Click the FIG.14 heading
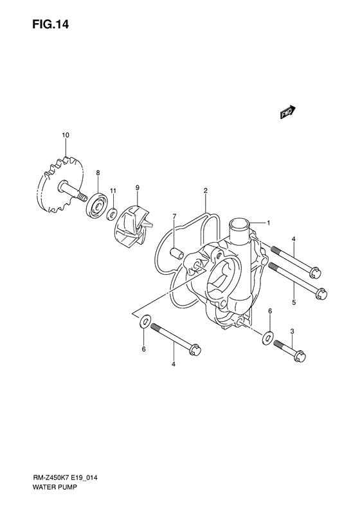(x=50, y=24)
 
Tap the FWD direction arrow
(x=287, y=112)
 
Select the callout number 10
(x=66, y=134)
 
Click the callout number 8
(x=98, y=173)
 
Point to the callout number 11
(x=113, y=190)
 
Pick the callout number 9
(x=137, y=187)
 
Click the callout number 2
(x=205, y=190)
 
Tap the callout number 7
(x=174, y=216)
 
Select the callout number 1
(x=269, y=223)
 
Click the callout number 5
(x=294, y=302)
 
